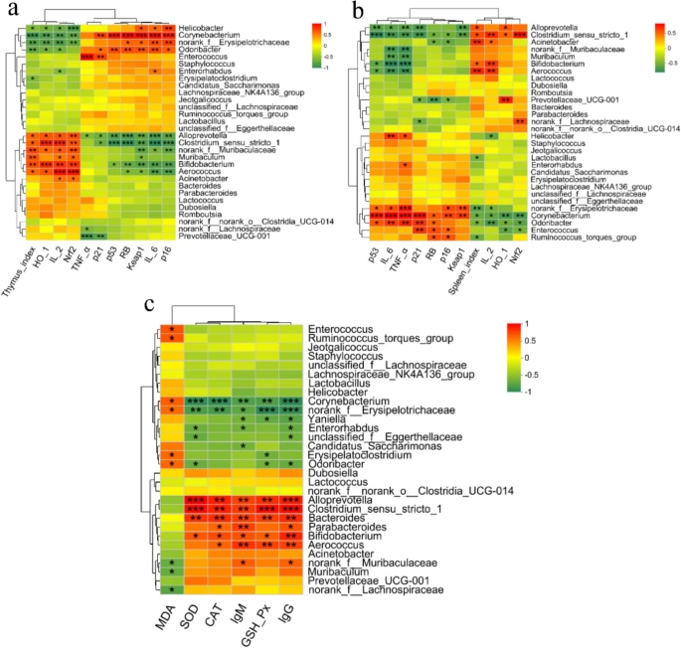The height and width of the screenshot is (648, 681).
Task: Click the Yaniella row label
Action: click(x=329, y=418)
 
